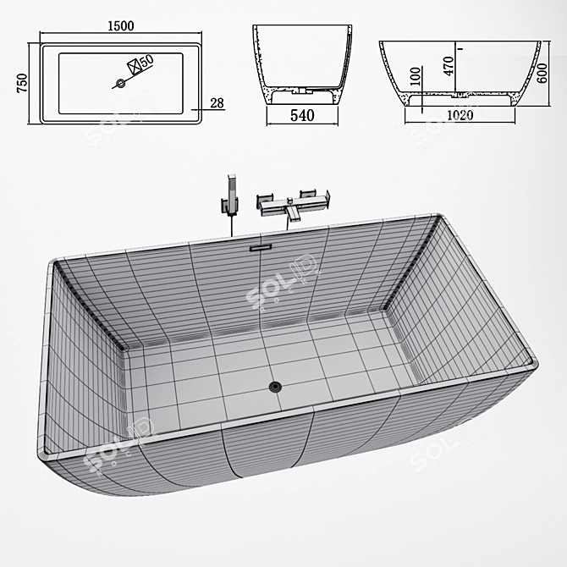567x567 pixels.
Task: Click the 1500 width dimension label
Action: point(121,25)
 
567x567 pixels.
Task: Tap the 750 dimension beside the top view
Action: point(23,82)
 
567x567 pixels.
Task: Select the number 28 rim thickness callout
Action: point(217,102)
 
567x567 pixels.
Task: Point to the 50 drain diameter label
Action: point(146,61)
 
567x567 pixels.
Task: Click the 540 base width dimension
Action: point(302,117)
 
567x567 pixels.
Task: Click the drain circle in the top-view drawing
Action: point(120,83)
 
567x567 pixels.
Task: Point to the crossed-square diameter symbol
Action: point(132,64)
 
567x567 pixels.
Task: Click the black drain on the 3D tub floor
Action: point(274,387)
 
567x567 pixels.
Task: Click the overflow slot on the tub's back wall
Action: point(261,247)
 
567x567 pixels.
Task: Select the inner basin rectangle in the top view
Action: point(121,83)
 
